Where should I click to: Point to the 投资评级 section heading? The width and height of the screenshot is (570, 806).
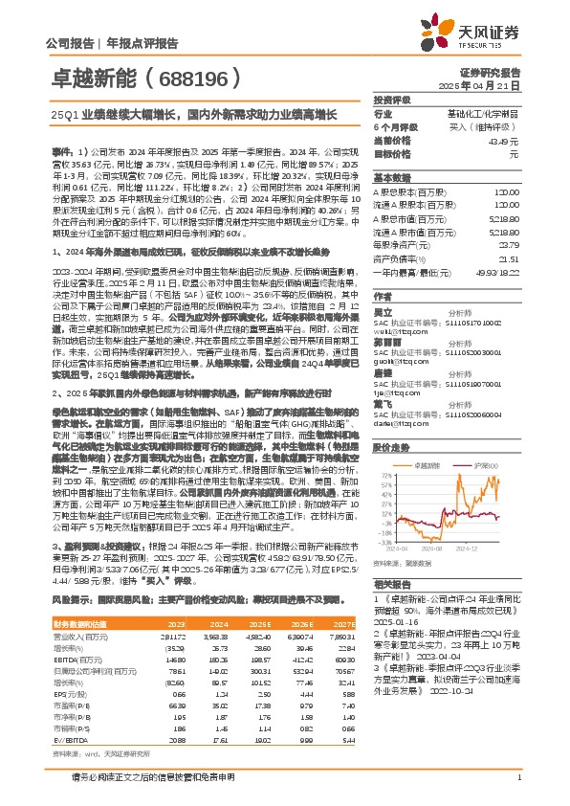coord(392,100)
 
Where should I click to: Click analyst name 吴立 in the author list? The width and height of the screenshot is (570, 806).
coord(384,312)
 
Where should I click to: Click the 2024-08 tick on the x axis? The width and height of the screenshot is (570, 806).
coord(431,549)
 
